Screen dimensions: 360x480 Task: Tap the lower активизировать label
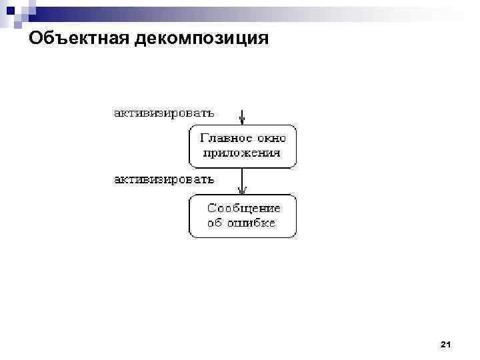pyautogui.click(x=163, y=179)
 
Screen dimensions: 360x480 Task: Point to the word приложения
pyautogui.click(x=241, y=153)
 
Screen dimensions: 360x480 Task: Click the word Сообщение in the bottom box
pyautogui.click(x=245, y=209)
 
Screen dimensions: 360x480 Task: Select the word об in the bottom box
pyautogui.click(x=215, y=223)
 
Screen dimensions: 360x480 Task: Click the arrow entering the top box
pyautogui.click(x=243, y=117)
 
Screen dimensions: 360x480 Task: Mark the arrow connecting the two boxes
pyautogui.click(x=243, y=180)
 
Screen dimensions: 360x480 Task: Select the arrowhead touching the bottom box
pyautogui.click(x=243, y=191)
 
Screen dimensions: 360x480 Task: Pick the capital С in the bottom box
pyautogui.click(x=213, y=209)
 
